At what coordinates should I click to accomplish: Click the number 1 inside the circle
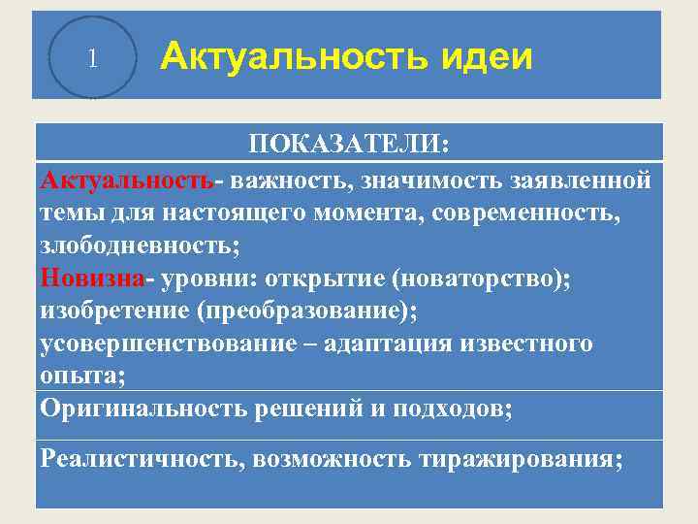[x=91, y=58]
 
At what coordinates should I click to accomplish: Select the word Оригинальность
[x=143, y=408]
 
